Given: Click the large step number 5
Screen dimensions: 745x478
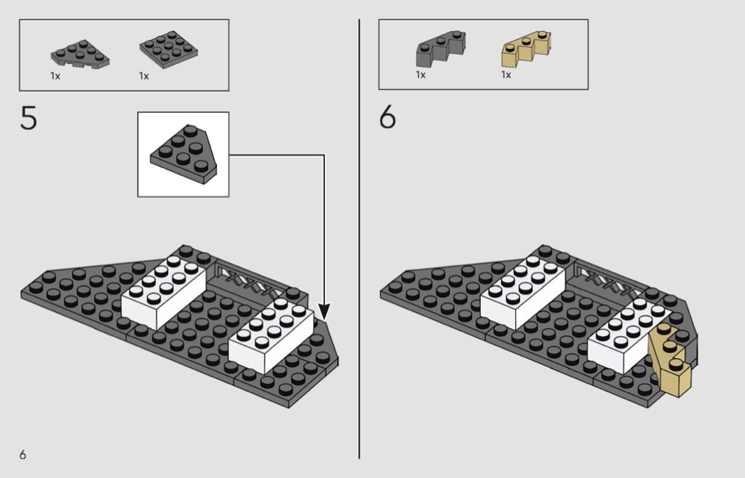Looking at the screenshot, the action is [x=28, y=118].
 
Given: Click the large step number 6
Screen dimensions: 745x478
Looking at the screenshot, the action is [x=387, y=117].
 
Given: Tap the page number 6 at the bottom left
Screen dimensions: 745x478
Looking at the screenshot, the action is [x=23, y=455].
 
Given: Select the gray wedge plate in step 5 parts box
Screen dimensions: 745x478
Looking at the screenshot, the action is [x=79, y=53].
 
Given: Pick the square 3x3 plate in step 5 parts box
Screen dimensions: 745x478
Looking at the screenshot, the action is [x=169, y=50].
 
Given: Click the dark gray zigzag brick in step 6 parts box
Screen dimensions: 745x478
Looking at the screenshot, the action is [x=441, y=49].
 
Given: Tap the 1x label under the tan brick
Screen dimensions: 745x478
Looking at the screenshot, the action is [x=506, y=75].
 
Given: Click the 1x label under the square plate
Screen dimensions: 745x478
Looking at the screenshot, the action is [x=144, y=76].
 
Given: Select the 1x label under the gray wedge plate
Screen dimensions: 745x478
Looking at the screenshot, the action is [x=55, y=76].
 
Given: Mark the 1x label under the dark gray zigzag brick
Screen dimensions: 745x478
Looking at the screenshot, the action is [x=421, y=75].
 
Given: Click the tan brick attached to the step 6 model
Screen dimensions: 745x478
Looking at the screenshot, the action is [x=670, y=360].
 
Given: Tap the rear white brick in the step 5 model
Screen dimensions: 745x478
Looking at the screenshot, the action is [x=163, y=291].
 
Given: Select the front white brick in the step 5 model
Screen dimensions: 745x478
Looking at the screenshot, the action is [x=271, y=335].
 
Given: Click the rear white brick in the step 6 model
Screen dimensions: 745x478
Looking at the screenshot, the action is [x=523, y=291].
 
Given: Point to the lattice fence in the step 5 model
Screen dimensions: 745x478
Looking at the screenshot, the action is [x=247, y=281].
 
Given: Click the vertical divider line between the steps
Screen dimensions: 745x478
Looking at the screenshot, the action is [x=359, y=239].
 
